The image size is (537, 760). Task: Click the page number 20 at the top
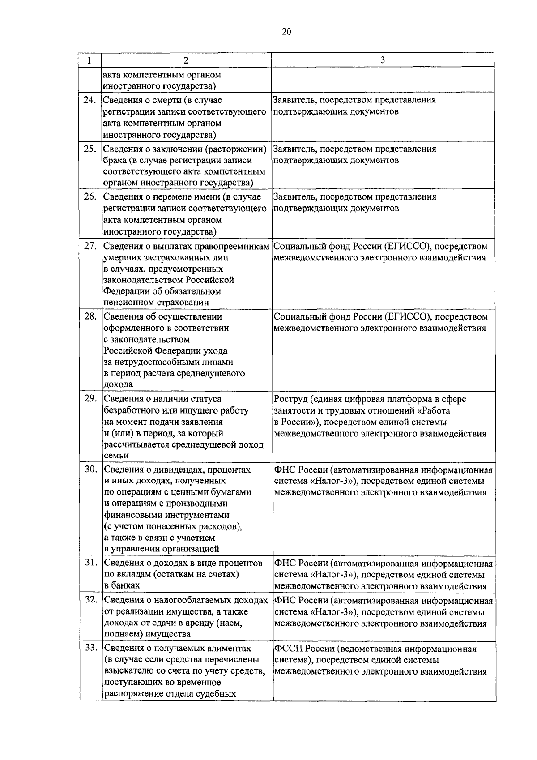[x=287, y=31]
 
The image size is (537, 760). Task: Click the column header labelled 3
[x=383, y=60]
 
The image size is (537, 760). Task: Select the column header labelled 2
[x=186, y=60]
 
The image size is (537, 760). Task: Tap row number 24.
[x=90, y=100]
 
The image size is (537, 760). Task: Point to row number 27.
[x=90, y=246]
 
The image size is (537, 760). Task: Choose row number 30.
[x=90, y=470]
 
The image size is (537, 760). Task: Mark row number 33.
[x=90, y=648]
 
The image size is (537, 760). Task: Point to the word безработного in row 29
[x=132, y=410]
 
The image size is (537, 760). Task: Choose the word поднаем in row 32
[x=119, y=634]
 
